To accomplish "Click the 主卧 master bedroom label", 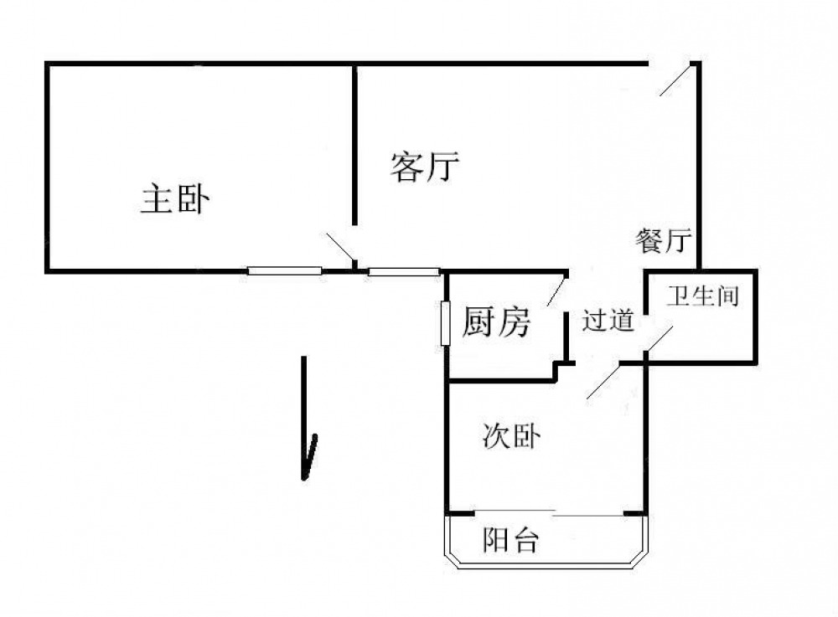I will point(176,201).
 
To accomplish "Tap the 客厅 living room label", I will point(425,167).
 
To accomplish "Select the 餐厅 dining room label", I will point(663,242).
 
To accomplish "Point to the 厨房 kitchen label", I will point(496,321).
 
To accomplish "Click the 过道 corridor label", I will point(608,321).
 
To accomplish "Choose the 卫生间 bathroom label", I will point(702,296).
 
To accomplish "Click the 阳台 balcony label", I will point(510,542).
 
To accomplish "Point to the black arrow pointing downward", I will point(308,419).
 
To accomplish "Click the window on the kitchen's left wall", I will point(446,321).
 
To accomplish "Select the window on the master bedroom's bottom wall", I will point(284,270).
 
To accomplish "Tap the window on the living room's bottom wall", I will point(404,270).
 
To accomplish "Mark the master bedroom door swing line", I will point(339,249).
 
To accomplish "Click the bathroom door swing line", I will point(659,339).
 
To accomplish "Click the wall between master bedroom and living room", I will point(355,142).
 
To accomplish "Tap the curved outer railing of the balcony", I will point(545,566).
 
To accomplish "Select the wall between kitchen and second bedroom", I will point(500,381).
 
